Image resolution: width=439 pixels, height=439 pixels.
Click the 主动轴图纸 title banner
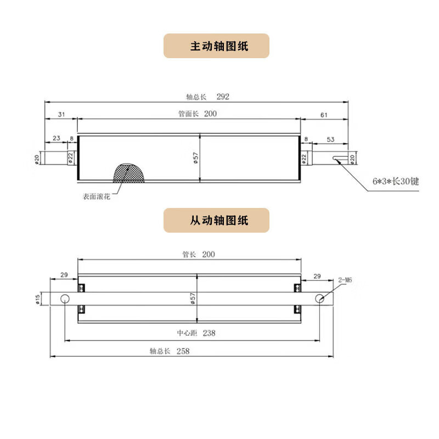[x=216, y=46]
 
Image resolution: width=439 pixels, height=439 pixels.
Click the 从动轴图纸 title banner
[x=216, y=221]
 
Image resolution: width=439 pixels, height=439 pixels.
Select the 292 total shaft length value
[x=222, y=97]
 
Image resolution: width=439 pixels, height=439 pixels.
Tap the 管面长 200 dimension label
[x=196, y=114]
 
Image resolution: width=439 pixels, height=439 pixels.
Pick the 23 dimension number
[x=56, y=139]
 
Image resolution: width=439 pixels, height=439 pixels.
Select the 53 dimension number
[x=330, y=139]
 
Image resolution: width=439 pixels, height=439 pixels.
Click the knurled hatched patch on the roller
[x=129, y=173]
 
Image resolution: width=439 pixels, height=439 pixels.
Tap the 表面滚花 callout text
[x=97, y=196]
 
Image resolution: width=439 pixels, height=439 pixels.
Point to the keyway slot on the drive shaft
[x=340, y=160]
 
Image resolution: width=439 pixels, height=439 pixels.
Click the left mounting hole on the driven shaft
[x=65, y=299]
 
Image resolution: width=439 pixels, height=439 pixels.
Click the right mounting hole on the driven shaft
[x=319, y=299]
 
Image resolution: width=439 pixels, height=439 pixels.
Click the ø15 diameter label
[x=37, y=298]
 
